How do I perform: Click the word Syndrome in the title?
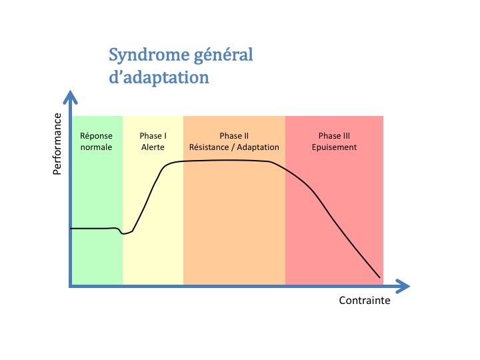click(x=149, y=55)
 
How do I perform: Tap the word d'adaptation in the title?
click(x=159, y=77)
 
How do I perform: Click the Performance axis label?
click(x=57, y=144)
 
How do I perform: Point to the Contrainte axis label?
click(x=365, y=300)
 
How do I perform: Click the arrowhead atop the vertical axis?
click(x=71, y=97)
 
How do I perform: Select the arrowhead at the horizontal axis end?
click(x=403, y=286)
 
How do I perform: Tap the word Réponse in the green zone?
click(x=96, y=136)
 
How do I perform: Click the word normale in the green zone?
click(x=96, y=147)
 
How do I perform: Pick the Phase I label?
click(x=153, y=135)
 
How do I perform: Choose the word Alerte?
click(x=153, y=147)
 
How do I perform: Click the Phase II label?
click(x=234, y=135)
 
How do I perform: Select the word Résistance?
click(x=209, y=147)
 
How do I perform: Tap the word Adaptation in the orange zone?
click(x=258, y=147)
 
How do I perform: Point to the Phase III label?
click(x=334, y=135)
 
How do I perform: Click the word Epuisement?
click(x=334, y=147)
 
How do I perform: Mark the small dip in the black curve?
click(x=124, y=233)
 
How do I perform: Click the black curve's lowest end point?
click(x=380, y=277)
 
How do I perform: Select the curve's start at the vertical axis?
click(x=71, y=229)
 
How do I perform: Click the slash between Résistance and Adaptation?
click(x=233, y=147)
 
